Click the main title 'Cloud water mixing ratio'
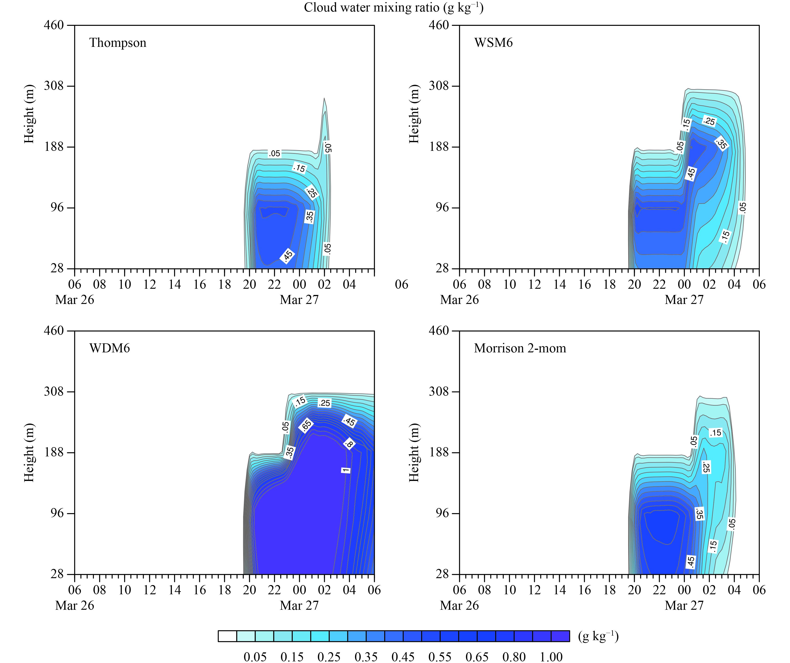pos(393,8)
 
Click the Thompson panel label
pos(118,43)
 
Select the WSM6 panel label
pos(493,43)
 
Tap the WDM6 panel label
pos(110,348)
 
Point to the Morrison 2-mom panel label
pos(520,348)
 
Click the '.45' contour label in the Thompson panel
pos(287,255)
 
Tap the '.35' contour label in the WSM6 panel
pos(721,143)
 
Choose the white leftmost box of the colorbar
pos(227,636)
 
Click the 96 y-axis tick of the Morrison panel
pos(441,513)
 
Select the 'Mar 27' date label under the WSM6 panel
pos(684,300)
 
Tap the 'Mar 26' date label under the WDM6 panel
pos(75,605)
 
